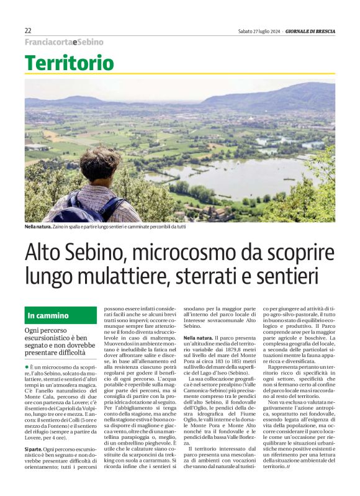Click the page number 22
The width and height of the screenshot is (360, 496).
28,30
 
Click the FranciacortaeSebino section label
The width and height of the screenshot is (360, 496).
64,42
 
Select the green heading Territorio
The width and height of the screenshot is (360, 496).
70,63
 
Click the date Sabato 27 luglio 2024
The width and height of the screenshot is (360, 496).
259,31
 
